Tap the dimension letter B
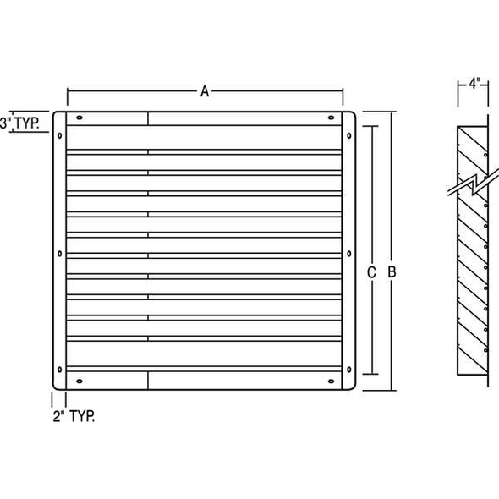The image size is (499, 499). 392,271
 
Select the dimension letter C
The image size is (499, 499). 371,271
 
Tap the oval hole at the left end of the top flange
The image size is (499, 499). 79,118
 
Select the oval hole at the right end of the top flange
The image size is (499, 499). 328,118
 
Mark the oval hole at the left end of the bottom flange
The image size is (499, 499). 79,381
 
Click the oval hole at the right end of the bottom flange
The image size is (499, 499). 328,381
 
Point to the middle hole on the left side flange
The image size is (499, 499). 59,252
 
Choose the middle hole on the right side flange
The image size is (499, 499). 348,252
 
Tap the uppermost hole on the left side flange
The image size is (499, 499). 59,134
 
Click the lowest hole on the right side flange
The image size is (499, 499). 348,369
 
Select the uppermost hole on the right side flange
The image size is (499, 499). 348,134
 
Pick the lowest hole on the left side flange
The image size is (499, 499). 59,369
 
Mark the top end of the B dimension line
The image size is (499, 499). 392,112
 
